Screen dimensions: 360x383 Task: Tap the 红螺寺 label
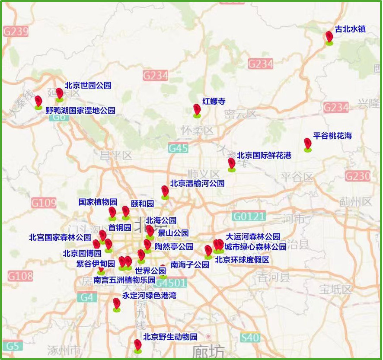pos(214,102)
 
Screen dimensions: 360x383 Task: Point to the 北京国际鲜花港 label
pos(264,156)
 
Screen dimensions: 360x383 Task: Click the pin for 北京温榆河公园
pos(165,191)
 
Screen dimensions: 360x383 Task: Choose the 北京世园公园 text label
pos(88,86)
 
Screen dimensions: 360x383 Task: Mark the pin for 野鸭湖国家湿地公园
pos(38,102)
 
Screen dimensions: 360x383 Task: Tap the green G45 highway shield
pos(178,148)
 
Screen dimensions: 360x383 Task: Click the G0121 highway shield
pos(248,216)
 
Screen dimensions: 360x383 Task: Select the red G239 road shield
pos(16,32)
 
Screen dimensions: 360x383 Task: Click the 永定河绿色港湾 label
pos(149,296)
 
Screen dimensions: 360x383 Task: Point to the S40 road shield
pos(250,338)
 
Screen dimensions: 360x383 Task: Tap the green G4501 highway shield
pos(171,283)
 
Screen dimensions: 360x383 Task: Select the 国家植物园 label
pos(98,202)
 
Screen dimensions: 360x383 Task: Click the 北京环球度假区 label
pos(242,260)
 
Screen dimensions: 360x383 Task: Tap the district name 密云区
pos(240,114)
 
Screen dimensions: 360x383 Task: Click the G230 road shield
pos(357,176)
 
